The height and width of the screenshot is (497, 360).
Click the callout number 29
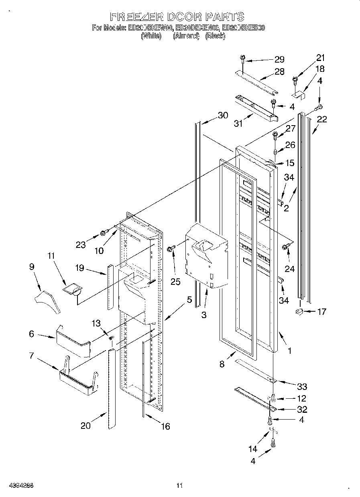279,59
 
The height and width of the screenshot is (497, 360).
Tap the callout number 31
239,124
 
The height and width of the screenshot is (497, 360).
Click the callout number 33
302,386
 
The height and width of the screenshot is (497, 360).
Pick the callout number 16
165,426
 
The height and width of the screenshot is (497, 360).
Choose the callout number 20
85,426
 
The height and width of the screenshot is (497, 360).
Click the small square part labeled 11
72,289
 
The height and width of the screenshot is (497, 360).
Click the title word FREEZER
136,16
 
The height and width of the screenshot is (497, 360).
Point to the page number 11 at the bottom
179,486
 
